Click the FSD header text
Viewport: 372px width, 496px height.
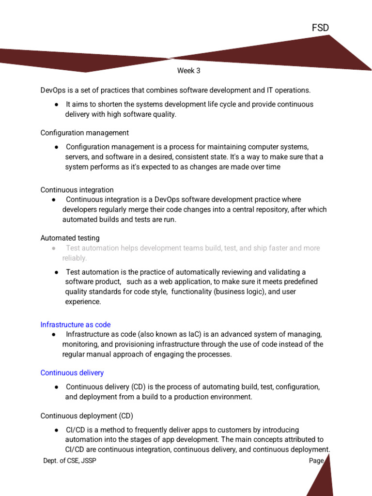[x=320, y=28]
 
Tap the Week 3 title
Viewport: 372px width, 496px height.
[x=188, y=71]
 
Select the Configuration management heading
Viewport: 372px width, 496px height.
[x=84, y=133]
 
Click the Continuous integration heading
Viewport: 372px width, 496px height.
[x=77, y=190]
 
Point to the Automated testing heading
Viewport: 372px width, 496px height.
[x=70, y=238]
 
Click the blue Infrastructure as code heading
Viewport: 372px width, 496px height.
[x=76, y=325]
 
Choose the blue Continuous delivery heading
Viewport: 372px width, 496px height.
[x=72, y=373]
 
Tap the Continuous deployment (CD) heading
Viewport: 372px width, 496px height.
[x=87, y=416]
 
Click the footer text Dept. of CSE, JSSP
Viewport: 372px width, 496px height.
[x=70, y=461]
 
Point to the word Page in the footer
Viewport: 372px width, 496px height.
[x=316, y=461]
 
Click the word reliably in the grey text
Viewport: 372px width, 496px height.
[x=74, y=258]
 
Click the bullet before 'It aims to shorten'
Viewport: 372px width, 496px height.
[x=57, y=105]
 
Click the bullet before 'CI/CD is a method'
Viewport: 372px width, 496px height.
[x=57, y=430]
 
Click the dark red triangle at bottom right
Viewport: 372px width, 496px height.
[x=322, y=480]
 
